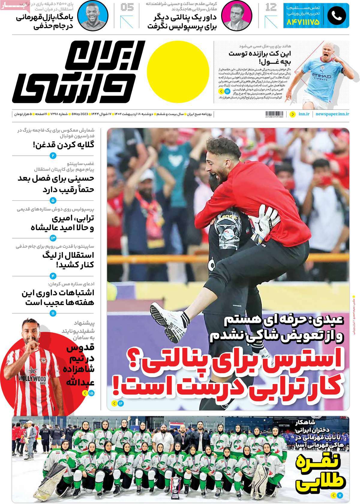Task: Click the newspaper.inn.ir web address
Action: click(x=333, y=114)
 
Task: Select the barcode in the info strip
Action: click(x=274, y=114)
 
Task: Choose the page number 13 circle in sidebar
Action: click(x=53, y=238)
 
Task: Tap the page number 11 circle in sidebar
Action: click(x=53, y=313)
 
